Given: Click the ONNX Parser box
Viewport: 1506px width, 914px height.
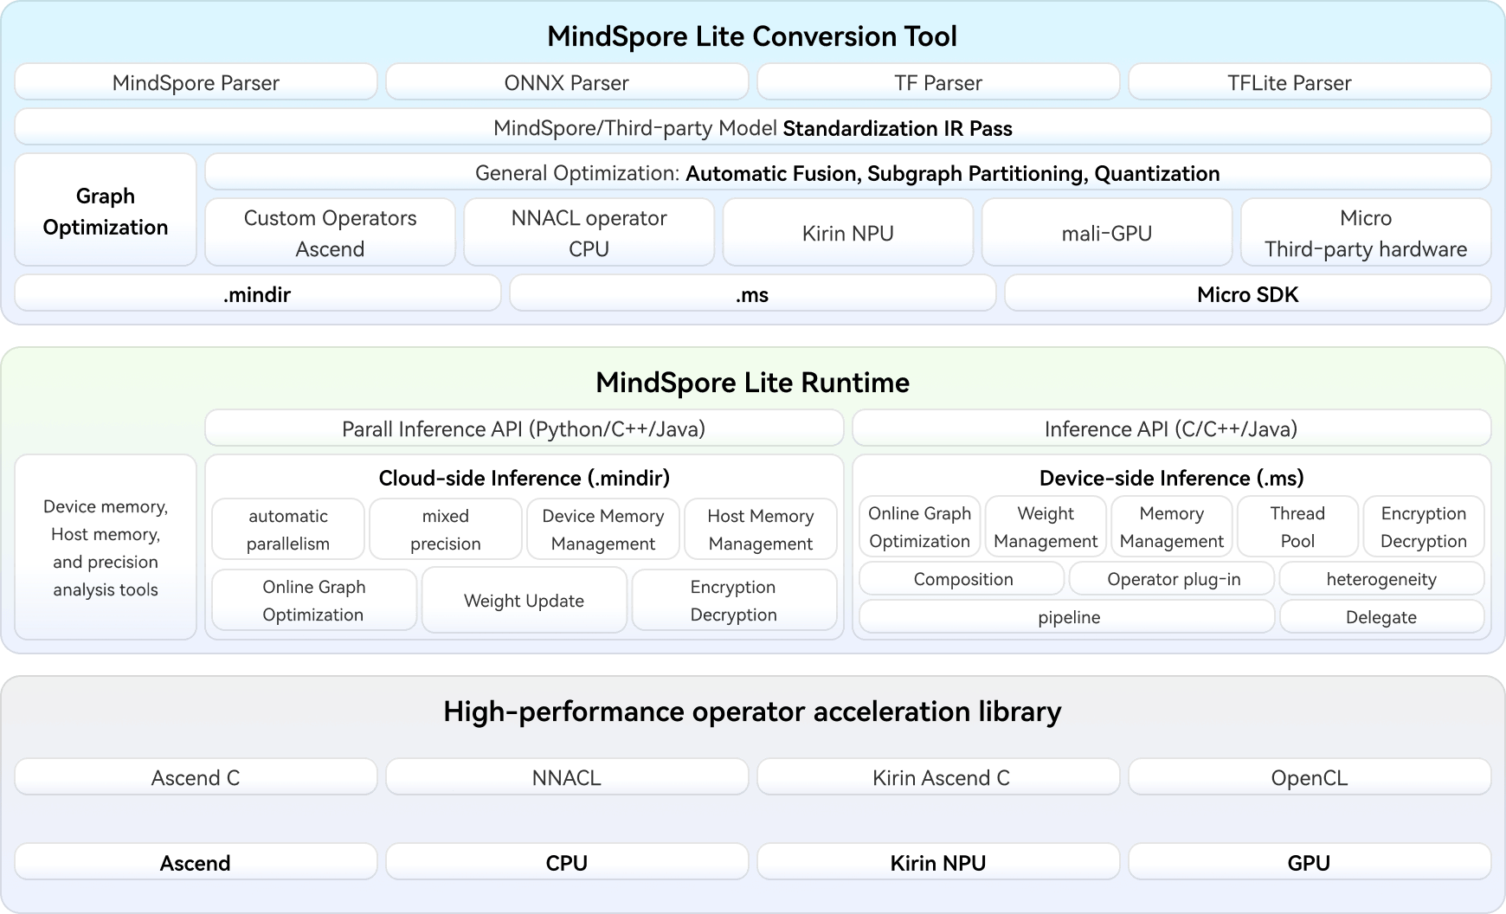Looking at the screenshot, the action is tap(567, 82).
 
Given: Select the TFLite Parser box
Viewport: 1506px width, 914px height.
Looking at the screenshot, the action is tap(1310, 82).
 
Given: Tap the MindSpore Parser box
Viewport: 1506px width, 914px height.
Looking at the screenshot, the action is tap(196, 82).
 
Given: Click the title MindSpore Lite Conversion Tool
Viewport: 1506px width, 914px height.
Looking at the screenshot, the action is tap(752, 36).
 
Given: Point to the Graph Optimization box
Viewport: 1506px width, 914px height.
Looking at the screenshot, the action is tap(106, 210).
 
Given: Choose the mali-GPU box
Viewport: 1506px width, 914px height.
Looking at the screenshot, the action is tap(1107, 233).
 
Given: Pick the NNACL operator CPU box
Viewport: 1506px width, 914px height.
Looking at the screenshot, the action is tap(589, 233).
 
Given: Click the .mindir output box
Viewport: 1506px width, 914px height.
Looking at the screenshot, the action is tap(258, 293).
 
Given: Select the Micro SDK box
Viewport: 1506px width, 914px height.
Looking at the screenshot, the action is tap(1248, 293).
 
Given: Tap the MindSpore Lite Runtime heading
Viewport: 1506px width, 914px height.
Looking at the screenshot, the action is tap(752, 383).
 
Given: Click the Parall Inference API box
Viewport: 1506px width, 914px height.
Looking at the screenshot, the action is tap(525, 428).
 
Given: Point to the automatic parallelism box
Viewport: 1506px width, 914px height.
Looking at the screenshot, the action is tap(288, 529).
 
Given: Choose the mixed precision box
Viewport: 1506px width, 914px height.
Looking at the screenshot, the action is tap(446, 529).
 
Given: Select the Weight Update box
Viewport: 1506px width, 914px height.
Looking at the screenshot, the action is tap(525, 600).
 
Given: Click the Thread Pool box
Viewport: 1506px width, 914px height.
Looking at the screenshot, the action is tap(1298, 526).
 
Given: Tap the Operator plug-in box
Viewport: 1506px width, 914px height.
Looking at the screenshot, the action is tap(1173, 578).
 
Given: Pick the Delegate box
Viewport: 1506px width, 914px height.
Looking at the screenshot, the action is tap(1382, 616).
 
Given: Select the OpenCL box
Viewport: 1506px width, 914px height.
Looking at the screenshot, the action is tap(1310, 777).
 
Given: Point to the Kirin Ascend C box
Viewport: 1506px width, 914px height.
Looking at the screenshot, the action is tap(938, 777).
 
